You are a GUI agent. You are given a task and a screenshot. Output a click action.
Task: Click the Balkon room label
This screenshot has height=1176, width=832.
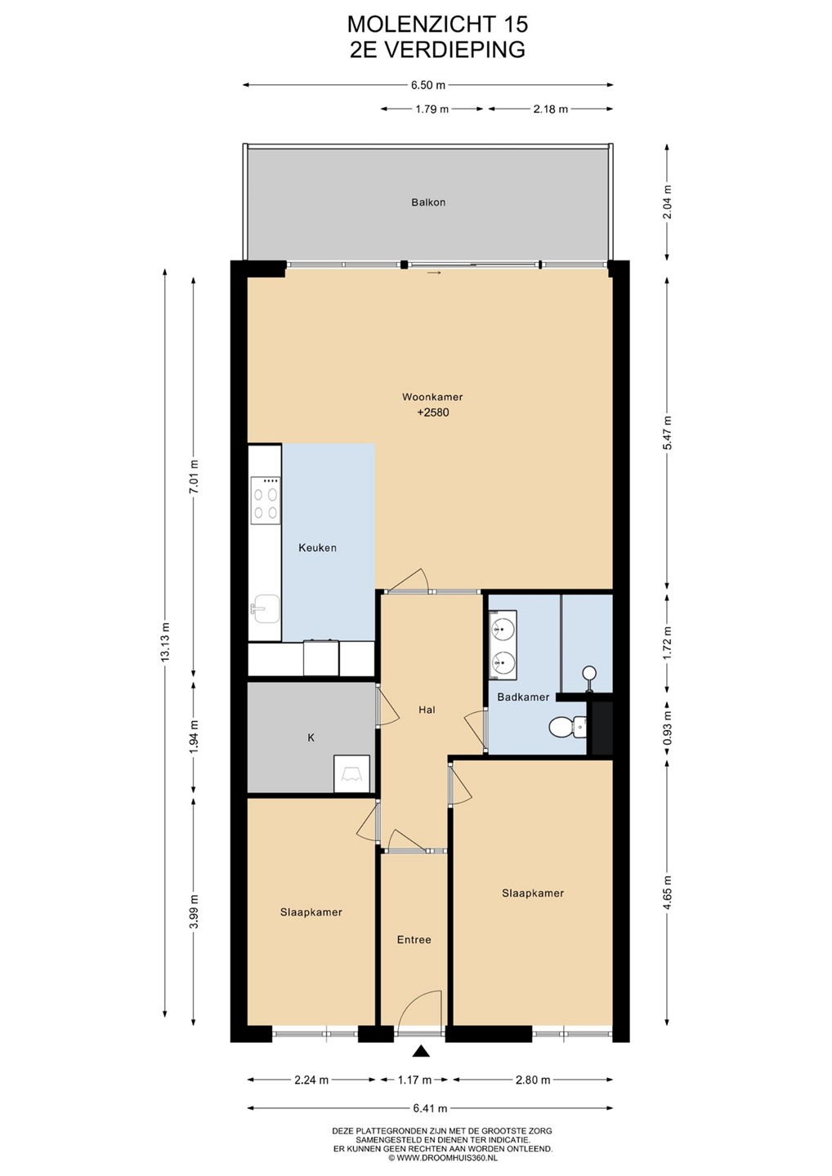428,203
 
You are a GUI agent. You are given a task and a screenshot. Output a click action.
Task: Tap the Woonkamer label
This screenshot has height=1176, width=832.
432,397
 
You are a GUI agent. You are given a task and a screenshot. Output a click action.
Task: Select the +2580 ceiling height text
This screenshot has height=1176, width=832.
433,412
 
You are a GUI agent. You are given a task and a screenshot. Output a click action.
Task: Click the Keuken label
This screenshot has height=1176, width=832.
317,547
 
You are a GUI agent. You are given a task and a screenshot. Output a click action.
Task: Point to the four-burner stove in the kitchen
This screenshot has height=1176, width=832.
266,500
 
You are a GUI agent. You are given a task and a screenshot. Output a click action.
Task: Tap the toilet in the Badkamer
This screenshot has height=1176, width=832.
567,727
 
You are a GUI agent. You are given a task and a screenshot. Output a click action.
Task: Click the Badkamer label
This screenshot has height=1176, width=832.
523,697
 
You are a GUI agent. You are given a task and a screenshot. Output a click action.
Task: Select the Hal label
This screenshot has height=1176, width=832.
427,710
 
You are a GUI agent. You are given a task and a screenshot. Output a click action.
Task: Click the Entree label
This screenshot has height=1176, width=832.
414,940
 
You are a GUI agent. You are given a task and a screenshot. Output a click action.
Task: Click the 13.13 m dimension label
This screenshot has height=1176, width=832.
165,644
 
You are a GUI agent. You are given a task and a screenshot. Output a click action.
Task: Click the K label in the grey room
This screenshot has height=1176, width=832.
311,737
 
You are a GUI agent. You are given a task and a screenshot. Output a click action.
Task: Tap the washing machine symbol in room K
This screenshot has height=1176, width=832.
351,773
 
